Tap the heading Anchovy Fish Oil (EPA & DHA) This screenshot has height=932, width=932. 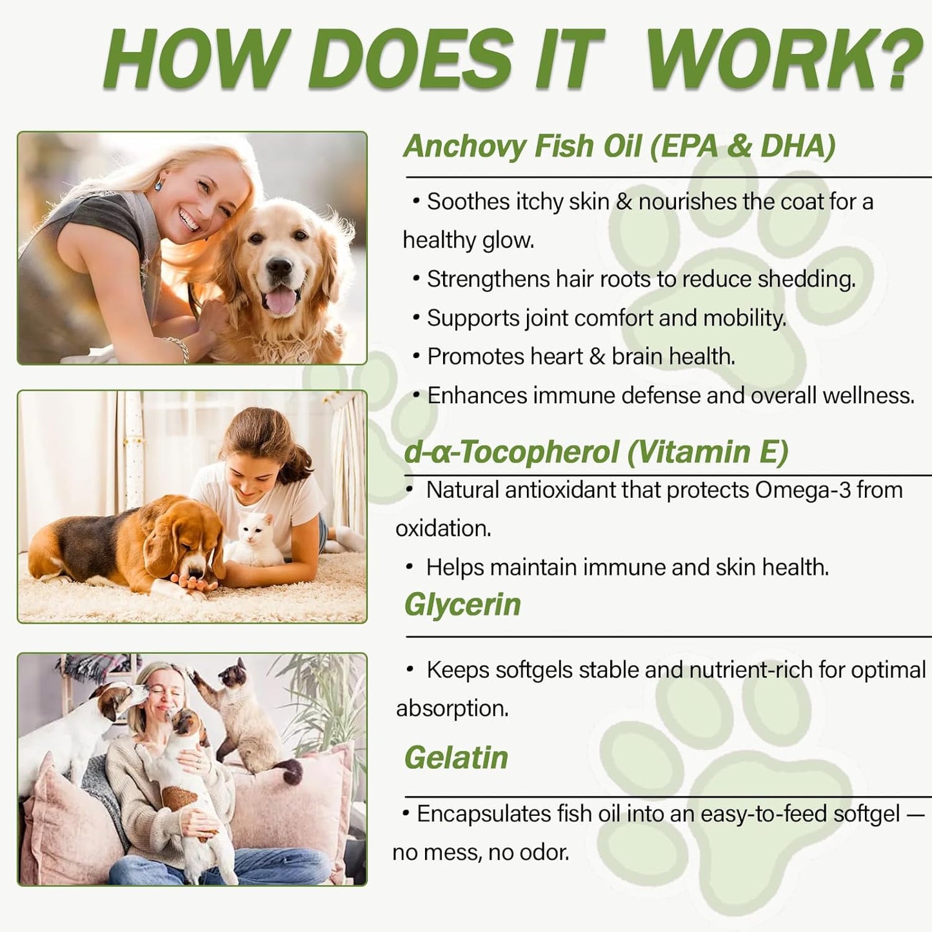point(619,146)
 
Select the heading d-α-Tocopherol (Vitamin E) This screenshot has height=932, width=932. point(596,451)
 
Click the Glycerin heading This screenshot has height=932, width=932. point(462,605)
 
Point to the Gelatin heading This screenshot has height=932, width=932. point(456,758)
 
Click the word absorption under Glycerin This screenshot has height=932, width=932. point(451,708)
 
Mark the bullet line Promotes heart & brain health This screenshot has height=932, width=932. point(580,357)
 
